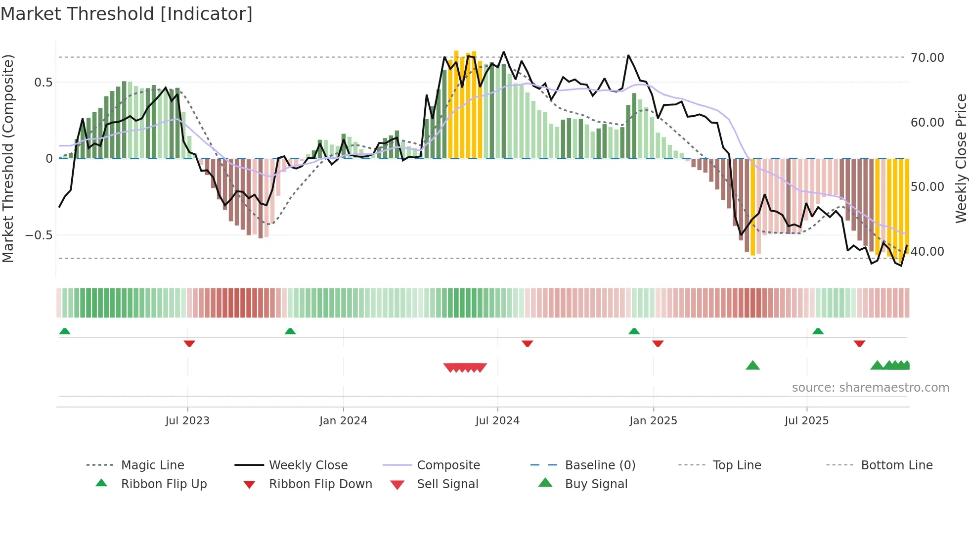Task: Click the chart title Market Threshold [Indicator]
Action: pyautogui.click(x=127, y=14)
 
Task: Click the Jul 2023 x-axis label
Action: pyautogui.click(x=187, y=420)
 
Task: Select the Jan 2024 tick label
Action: pyautogui.click(x=343, y=420)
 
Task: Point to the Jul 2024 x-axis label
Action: pyautogui.click(x=497, y=420)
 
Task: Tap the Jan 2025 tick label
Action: pyautogui.click(x=653, y=420)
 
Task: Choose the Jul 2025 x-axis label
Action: pyautogui.click(x=806, y=420)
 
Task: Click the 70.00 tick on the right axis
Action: pyautogui.click(x=927, y=58)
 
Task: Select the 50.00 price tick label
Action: pyautogui.click(x=927, y=187)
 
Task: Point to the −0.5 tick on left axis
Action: pyautogui.click(x=39, y=235)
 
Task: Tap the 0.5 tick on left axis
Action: pyautogui.click(x=43, y=83)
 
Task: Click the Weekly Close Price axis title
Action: pyautogui.click(x=961, y=158)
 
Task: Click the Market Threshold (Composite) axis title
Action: pyautogui.click(x=8, y=158)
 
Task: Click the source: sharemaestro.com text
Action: pyautogui.click(x=870, y=388)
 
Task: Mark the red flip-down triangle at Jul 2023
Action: pyautogui.click(x=189, y=343)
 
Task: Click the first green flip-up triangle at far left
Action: pyautogui.click(x=65, y=331)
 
